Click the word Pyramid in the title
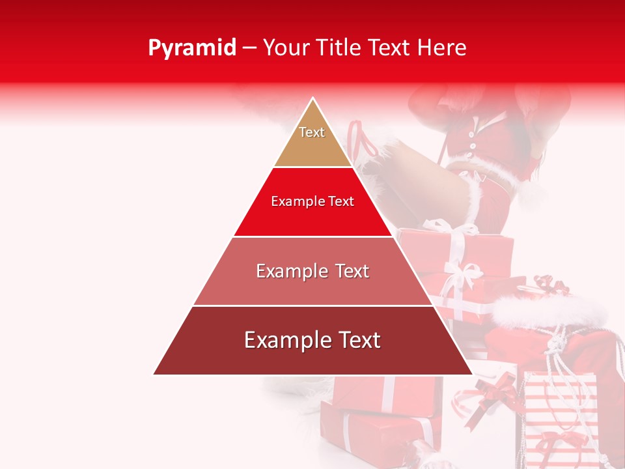tap(192, 48)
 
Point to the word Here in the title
tap(442, 48)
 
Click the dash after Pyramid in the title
tap(249, 48)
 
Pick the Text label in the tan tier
tap(312, 132)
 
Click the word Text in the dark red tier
tap(357, 340)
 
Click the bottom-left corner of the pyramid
tap(154, 374)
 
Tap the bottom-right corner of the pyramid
tap(472, 374)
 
